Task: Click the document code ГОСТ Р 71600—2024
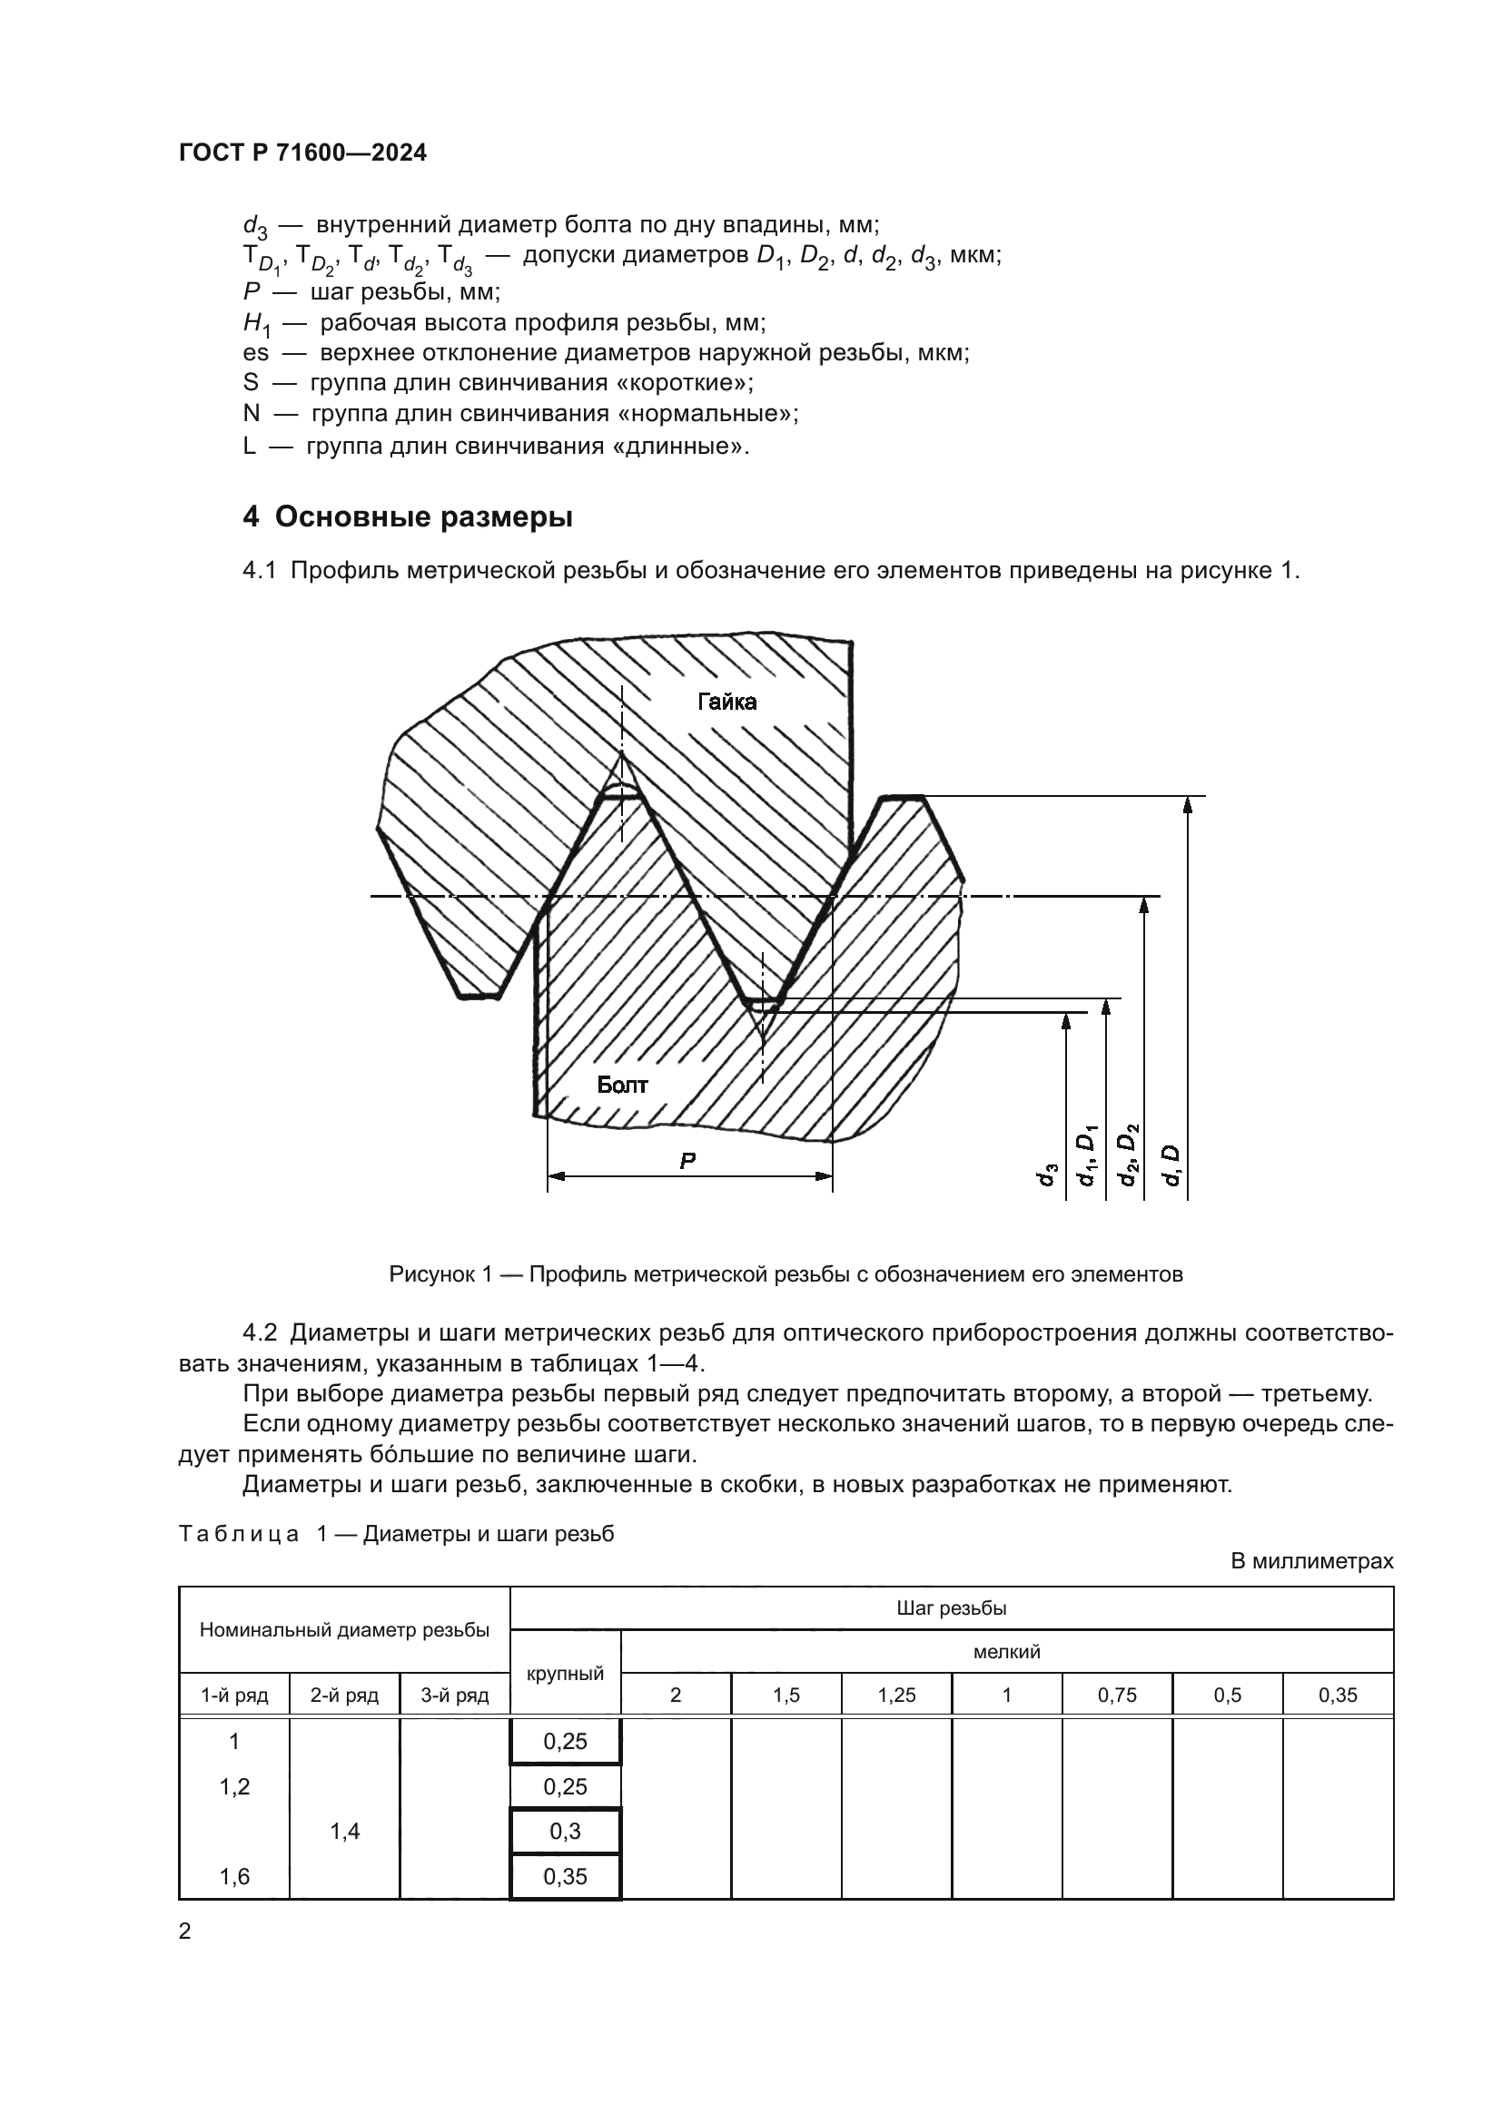[302, 153]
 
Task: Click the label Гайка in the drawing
[726, 702]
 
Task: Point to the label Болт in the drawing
[621, 1085]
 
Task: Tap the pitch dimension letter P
[687, 1162]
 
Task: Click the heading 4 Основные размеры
[408, 516]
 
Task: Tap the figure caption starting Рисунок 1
[786, 1274]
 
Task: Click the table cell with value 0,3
[565, 1831]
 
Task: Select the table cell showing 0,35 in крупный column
[565, 1876]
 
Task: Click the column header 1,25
[896, 1695]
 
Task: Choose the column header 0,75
[1116, 1695]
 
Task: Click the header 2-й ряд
[344, 1695]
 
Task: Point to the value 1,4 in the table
[344, 1831]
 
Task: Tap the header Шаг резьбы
[951, 1608]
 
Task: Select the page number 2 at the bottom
[185, 1931]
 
